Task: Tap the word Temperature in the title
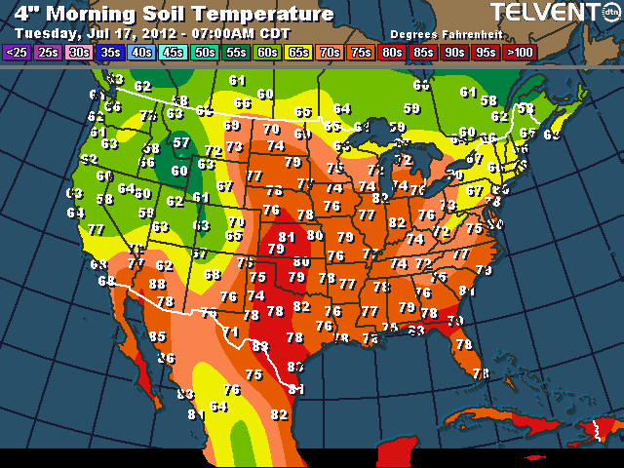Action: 265,14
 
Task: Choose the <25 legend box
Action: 17,52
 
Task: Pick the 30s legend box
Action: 79,52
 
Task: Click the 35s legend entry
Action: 110,52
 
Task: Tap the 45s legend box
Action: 174,52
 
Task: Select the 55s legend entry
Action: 236,52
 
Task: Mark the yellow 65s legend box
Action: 298,52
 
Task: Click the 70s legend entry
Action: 330,52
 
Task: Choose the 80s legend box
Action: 392,52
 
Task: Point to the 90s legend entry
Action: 454,52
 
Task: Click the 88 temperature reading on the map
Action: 157,284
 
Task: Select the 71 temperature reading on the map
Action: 231,332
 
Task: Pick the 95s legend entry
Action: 486,52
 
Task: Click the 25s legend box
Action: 48,52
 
